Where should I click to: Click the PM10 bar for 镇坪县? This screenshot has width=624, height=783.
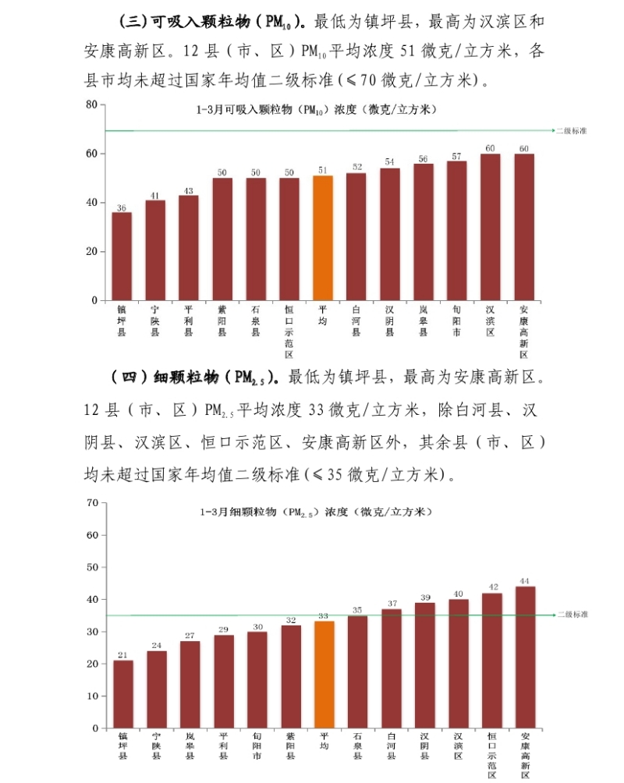tap(122, 256)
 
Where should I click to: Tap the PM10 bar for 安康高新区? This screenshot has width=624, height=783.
tap(524, 227)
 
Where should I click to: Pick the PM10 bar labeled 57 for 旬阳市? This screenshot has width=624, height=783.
tap(457, 230)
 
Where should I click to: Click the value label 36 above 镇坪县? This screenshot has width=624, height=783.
tap(122, 207)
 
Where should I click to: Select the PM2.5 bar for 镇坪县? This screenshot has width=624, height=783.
tap(123, 694)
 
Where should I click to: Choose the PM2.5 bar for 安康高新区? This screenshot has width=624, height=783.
tap(526, 657)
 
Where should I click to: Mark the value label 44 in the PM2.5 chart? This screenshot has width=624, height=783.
tap(526, 581)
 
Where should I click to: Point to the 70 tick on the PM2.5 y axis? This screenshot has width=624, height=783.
tap(92, 503)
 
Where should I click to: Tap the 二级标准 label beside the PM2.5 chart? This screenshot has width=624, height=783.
tap(573, 615)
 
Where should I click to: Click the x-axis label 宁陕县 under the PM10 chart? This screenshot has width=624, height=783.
tap(155, 321)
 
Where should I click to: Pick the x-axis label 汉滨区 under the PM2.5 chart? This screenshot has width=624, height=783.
tap(459, 746)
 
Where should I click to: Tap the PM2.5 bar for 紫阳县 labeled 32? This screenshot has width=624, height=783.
tap(291, 676)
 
